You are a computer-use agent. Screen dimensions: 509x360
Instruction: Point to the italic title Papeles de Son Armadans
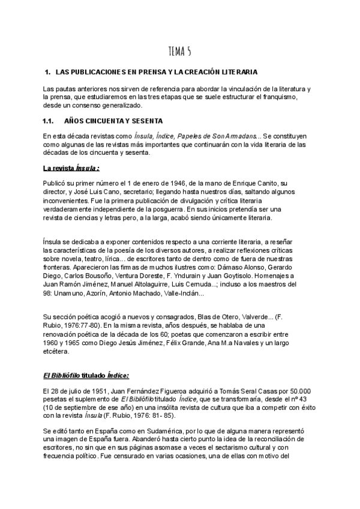pos(219,136)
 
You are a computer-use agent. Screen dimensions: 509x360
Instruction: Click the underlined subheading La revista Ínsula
pos(71,169)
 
